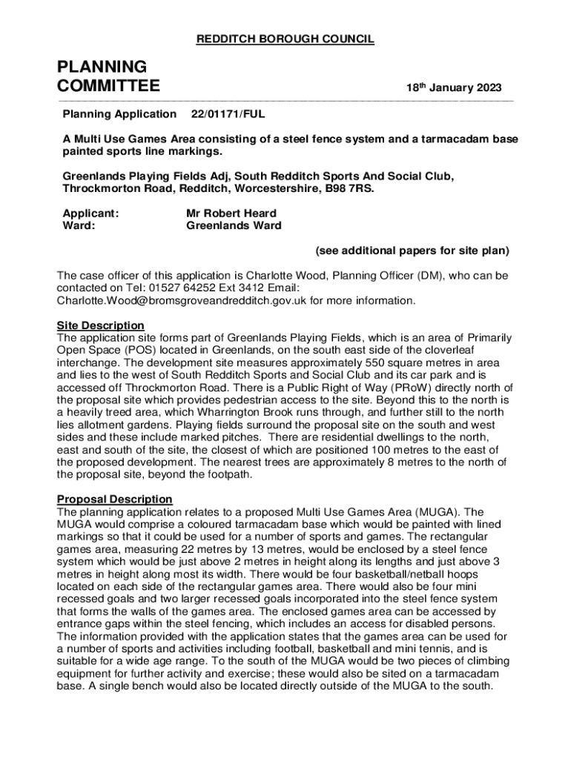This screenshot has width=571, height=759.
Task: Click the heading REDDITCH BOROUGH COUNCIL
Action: (x=285, y=39)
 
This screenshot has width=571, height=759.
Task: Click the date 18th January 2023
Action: (x=453, y=88)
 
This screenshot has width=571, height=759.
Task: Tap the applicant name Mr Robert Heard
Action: (x=231, y=213)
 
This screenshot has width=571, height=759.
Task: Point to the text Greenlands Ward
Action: (x=234, y=225)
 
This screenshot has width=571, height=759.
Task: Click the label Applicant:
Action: (x=90, y=213)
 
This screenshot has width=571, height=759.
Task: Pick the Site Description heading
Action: (x=100, y=325)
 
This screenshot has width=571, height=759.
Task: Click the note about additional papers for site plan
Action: (x=412, y=251)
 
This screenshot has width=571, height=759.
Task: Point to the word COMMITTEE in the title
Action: (x=108, y=87)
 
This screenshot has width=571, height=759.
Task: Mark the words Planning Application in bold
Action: (x=119, y=114)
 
